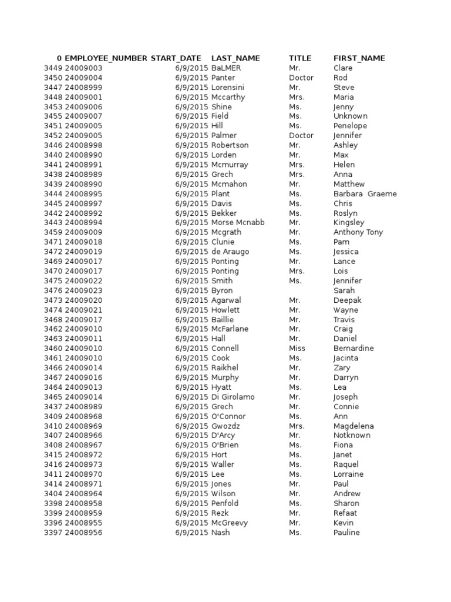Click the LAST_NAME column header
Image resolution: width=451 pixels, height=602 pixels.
click(235, 58)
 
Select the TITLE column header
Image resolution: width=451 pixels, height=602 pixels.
click(300, 58)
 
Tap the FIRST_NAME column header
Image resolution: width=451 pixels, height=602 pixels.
click(359, 58)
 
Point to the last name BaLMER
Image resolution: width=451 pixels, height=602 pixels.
click(226, 68)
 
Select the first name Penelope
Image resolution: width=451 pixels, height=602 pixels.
click(350, 126)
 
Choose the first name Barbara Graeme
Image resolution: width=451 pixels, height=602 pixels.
click(365, 194)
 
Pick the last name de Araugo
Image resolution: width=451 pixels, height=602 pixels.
click(230, 252)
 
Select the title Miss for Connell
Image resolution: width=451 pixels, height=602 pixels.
click(297, 348)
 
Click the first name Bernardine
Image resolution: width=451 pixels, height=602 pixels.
click(354, 348)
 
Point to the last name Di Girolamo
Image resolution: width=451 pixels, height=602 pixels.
click(233, 397)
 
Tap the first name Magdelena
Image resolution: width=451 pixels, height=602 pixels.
click(354, 426)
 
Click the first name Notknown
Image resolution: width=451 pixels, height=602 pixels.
click(352, 436)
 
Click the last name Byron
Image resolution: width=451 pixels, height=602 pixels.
click(222, 290)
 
